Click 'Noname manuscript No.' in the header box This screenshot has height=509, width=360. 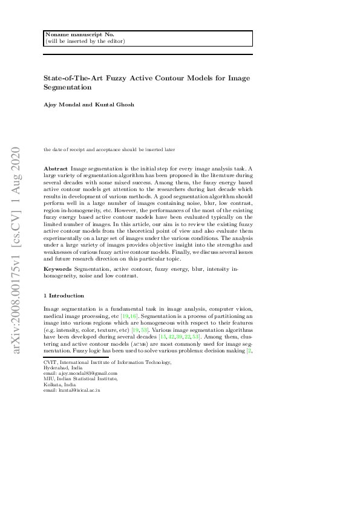(x=71, y=34)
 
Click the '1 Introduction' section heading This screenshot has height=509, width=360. (x=64, y=296)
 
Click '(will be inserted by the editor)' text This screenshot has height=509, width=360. (x=85, y=41)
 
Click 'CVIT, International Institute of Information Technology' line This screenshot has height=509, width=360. (x=108, y=362)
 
